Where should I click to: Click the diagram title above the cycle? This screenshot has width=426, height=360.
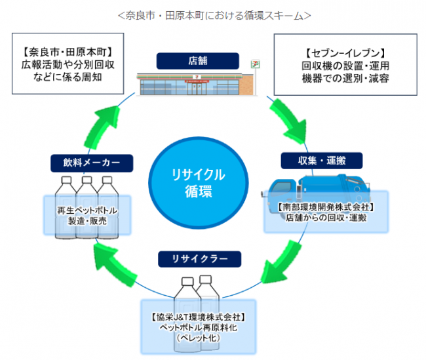tap(213, 14)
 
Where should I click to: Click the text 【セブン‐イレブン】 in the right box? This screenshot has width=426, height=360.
tap(343, 52)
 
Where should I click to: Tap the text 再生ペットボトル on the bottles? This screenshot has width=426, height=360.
tap(86, 211)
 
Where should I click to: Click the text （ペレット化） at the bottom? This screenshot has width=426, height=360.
tap(196, 338)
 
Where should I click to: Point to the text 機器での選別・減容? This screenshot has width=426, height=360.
tap(344, 78)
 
